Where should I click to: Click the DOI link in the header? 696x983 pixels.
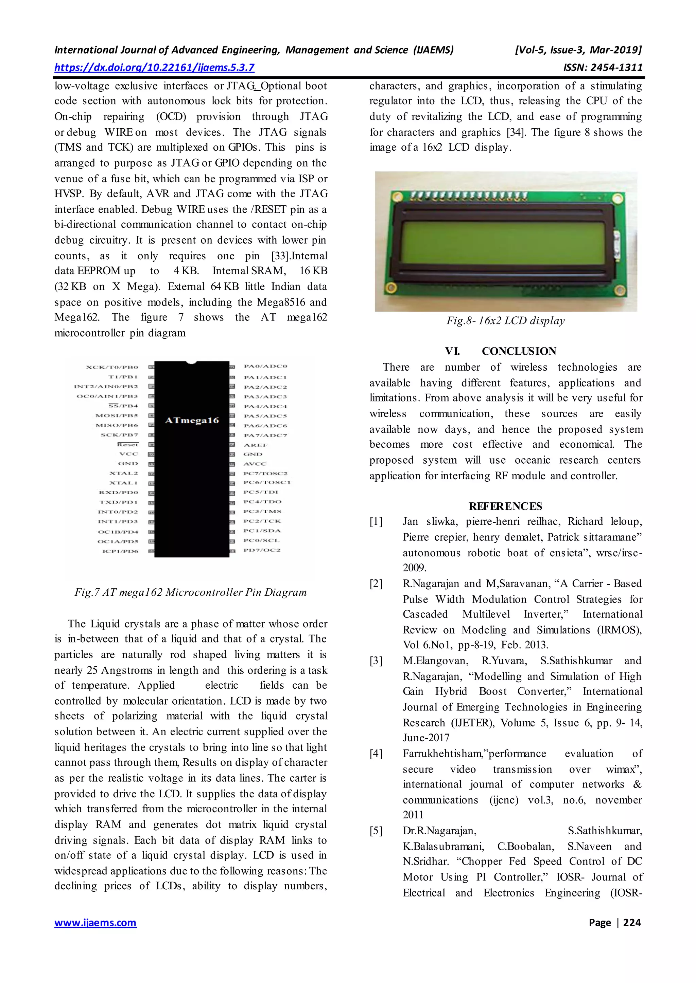point(154,68)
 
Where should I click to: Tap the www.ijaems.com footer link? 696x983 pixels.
point(95,923)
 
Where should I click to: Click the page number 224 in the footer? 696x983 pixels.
point(632,923)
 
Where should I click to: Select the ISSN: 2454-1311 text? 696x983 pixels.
point(603,68)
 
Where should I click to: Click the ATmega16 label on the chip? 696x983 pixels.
point(192,421)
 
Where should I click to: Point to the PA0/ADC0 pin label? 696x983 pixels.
point(265,367)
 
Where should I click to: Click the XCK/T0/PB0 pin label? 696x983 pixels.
point(112,367)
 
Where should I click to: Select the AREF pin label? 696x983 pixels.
point(256,445)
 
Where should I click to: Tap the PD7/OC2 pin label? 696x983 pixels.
point(262,550)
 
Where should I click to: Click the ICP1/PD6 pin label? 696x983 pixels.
point(120,551)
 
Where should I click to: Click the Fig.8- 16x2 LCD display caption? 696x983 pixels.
point(505,321)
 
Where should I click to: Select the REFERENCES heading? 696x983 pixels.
point(505,506)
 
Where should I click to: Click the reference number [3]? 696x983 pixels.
point(376,661)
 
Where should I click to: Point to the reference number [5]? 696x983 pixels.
point(376,831)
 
